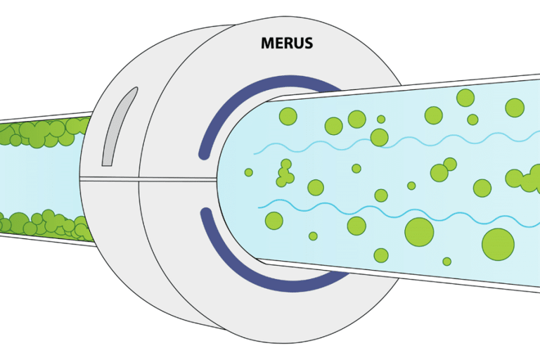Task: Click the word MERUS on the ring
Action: (x=287, y=44)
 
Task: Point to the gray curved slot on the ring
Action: (x=115, y=127)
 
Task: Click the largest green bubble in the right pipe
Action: (x=498, y=243)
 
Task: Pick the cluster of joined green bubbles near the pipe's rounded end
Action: (x=285, y=174)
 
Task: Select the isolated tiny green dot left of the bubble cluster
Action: (x=248, y=172)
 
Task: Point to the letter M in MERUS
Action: (x=267, y=44)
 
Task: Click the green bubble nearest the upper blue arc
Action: (x=288, y=115)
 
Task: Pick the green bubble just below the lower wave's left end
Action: (x=274, y=220)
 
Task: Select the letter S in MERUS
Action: (x=308, y=44)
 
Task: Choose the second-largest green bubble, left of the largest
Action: (x=419, y=231)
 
